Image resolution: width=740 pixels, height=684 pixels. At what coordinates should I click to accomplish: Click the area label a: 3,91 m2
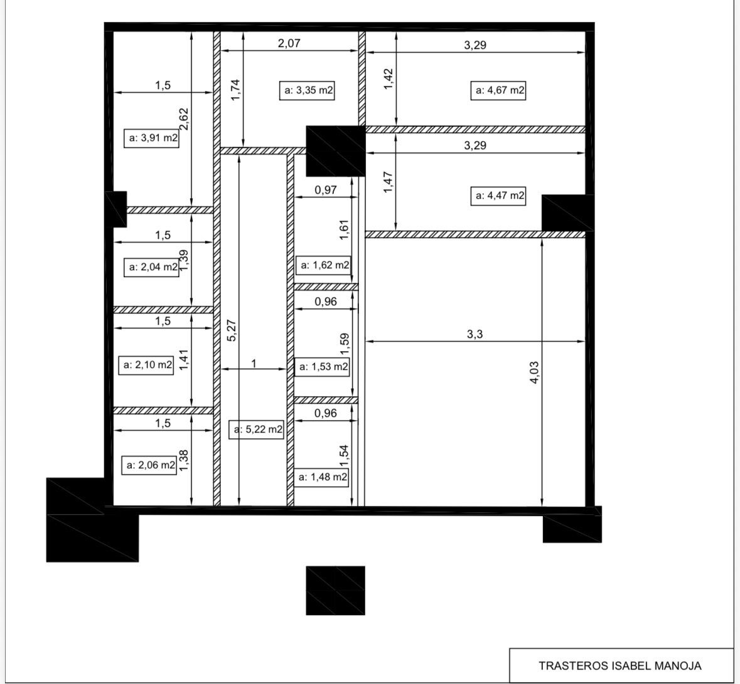pyautogui.click(x=153, y=138)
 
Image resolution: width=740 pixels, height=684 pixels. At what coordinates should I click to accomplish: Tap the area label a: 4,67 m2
pyautogui.click(x=498, y=90)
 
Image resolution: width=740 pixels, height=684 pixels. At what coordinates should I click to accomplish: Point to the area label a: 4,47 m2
pyautogui.click(x=498, y=196)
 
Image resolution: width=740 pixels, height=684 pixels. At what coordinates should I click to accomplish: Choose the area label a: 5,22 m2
pyautogui.click(x=258, y=430)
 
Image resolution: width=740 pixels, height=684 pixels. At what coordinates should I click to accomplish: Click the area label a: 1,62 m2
pyautogui.click(x=324, y=265)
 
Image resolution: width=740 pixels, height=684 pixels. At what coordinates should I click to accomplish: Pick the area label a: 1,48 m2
pyautogui.click(x=322, y=477)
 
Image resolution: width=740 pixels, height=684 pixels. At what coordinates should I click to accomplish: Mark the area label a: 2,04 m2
pyautogui.click(x=153, y=267)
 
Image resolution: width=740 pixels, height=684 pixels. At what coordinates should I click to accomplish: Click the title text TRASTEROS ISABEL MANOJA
pyautogui.click(x=620, y=666)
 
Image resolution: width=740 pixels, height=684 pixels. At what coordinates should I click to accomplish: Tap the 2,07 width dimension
pyautogui.click(x=289, y=43)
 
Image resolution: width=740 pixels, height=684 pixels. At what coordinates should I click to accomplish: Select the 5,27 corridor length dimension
pyautogui.click(x=232, y=330)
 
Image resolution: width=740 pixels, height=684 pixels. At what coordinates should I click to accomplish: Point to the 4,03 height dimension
pyautogui.click(x=535, y=372)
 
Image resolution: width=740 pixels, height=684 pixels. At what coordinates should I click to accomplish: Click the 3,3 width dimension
pyautogui.click(x=475, y=334)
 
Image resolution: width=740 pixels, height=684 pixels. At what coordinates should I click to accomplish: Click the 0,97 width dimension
pyautogui.click(x=325, y=190)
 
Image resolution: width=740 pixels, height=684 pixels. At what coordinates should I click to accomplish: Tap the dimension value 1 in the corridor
pyautogui.click(x=254, y=363)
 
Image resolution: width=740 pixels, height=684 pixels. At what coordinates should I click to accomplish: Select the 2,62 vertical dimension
pyautogui.click(x=183, y=119)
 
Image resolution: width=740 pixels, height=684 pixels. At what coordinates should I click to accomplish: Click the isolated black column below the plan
pyautogui.click(x=335, y=591)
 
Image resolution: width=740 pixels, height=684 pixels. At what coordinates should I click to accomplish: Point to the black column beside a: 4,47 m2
pyautogui.click(x=567, y=213)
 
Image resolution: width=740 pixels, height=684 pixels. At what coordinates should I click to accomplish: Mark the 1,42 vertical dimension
pyautogui.click(x=389, y=80)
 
